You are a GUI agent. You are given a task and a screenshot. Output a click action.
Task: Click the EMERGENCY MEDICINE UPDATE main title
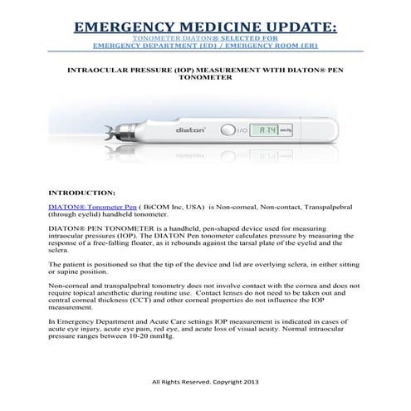pyautogui.click(x=205, y=27)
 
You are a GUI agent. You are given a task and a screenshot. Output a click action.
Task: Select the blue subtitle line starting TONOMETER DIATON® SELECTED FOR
pyautogui.click(x=205, y=38)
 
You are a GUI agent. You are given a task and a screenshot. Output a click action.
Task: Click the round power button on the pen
pyautogui.click(x=227, y=130)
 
